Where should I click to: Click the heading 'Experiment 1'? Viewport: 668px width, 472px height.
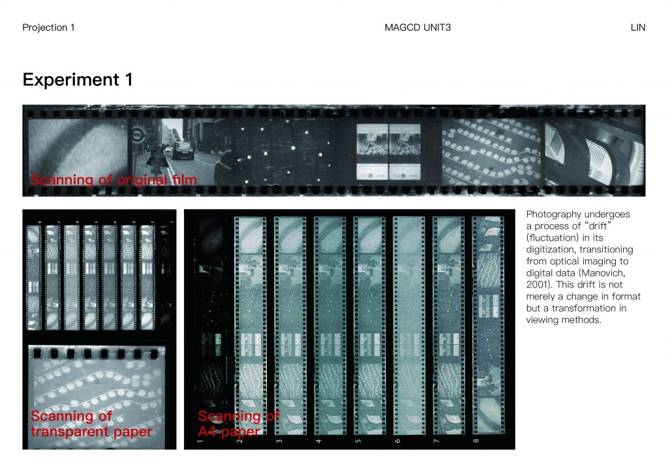[x=78, y=80]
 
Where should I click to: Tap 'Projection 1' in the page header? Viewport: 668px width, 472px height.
[x=48, y=27]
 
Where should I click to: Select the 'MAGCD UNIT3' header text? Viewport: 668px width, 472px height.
[x=417, y=27]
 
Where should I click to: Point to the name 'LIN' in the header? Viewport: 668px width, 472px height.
[x=638, y=27]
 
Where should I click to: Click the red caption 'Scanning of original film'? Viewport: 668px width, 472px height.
[x=114, y=179]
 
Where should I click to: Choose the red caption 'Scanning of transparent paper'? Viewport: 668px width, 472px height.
[x=91, y=424]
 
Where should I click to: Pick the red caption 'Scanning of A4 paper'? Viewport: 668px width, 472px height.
[x=239, y=424]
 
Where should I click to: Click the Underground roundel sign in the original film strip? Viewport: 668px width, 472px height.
[x=138, y=134]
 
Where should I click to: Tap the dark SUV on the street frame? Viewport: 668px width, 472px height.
[x=183, y=151]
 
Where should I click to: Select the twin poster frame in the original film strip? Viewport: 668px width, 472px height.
[x=389, y=151]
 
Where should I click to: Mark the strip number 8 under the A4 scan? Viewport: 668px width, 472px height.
[x=476, y=441]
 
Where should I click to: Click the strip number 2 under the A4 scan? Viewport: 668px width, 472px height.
[x=239, y=441]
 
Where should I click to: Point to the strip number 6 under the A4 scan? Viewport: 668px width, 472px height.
[x=397, y=441]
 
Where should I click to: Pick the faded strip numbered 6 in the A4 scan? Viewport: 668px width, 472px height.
[x=408, y=325]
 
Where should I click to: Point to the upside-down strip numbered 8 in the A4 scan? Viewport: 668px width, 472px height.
[x=488, y=325]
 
